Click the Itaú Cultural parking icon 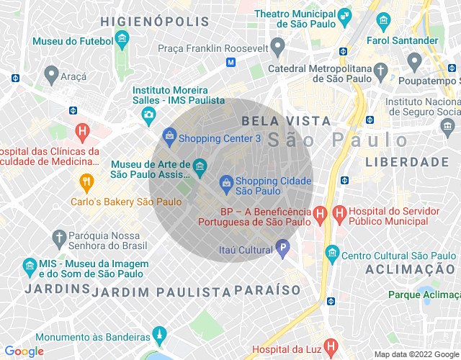(x=283, y=250)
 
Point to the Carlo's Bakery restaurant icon (x=87, y=181)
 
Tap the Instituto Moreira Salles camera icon (x=148, y=114)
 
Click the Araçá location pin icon (x=50, y=74)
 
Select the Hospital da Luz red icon (x=331, y=347)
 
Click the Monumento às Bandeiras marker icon (x=159, y=336)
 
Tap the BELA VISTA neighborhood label (x=286, y=120)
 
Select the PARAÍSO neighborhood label (x=267, y=290)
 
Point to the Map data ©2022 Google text (x=416, y=354)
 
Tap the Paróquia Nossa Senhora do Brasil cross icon (x=58, y=238)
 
